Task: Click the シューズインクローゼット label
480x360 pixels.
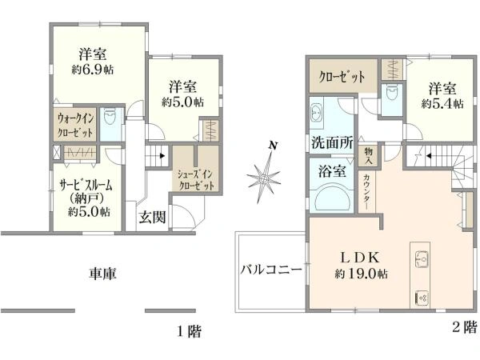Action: (196, 179)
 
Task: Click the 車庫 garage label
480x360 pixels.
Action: (102, 274)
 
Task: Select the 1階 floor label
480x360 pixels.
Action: (190, 330)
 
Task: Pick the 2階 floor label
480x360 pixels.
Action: (464, 326)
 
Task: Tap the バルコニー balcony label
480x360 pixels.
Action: (272, 269)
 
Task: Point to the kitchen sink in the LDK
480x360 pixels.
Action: (422, 260)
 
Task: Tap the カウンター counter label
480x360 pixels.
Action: (366, 191)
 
